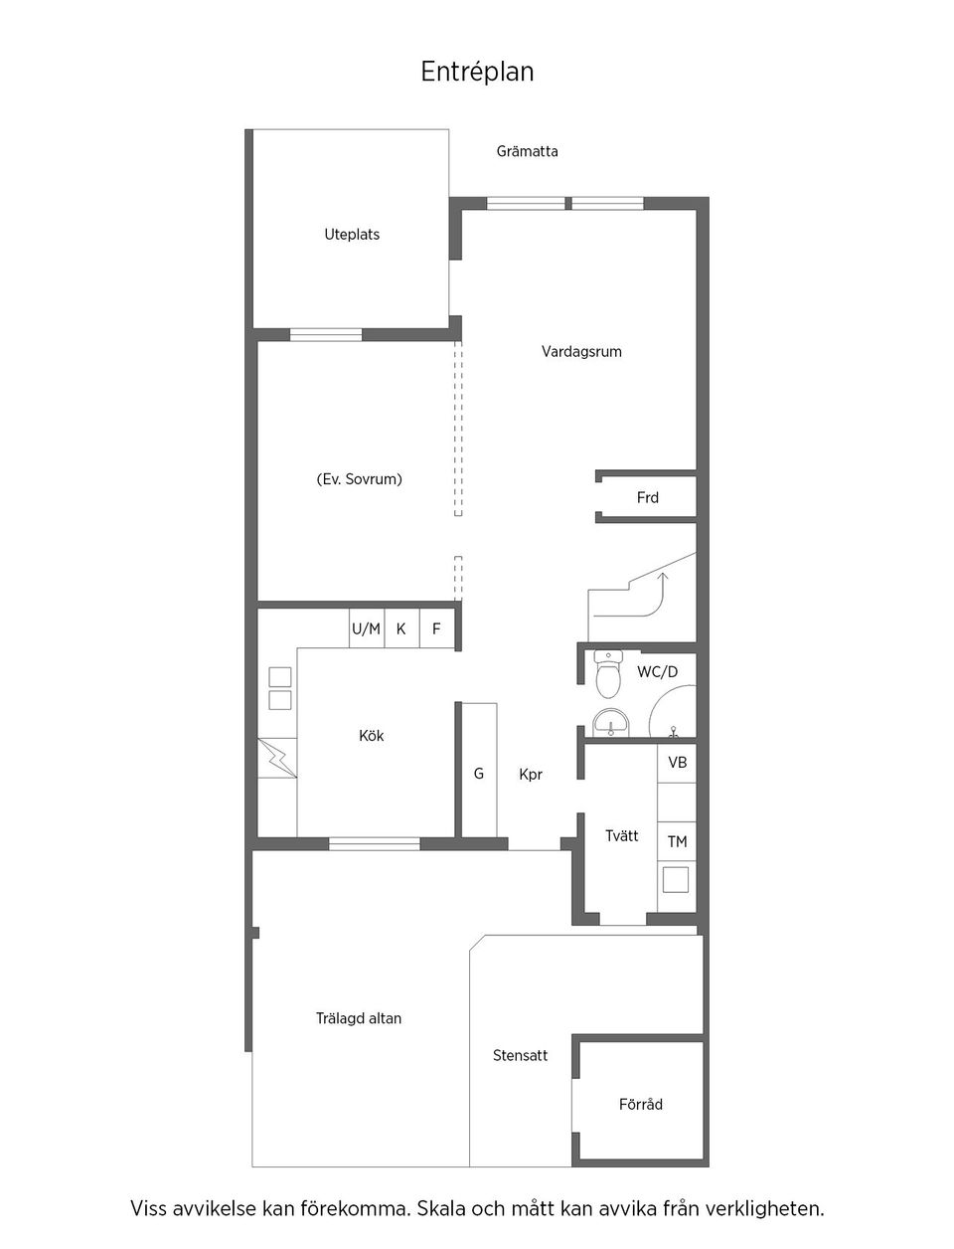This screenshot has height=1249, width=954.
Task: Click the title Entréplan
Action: tap(477, 72)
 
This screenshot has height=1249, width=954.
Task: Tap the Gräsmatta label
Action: tap(527, 151)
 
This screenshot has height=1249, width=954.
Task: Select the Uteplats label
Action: tap(352, 235)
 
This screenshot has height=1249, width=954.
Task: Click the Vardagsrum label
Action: tap(581, 351)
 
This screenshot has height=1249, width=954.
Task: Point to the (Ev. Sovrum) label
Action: tap(359, 479)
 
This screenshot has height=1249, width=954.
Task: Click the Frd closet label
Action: tap(647, 497)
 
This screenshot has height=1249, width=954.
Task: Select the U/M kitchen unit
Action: tap(366, 629)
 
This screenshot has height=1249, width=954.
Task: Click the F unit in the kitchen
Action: tap(435, 629)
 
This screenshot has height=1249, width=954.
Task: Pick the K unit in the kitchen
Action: tap(400, 629)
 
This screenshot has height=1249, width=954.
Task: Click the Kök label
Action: tap(371, 736)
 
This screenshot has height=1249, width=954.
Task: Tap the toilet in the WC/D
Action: tap(607, 675)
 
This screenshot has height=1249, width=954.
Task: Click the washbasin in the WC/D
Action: tap(610, 723)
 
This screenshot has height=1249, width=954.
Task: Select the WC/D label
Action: tap(657, 672)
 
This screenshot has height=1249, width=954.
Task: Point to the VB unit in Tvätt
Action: tap(677, 763)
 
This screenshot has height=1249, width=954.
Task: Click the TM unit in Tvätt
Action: tap(677, 842)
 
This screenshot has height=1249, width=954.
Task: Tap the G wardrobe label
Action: tap(478, 774)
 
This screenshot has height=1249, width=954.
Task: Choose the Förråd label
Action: tap(640, 1104)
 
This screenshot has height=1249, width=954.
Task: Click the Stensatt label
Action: tap(520, 1056)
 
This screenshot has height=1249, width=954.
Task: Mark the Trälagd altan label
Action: tap(358, 1018)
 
